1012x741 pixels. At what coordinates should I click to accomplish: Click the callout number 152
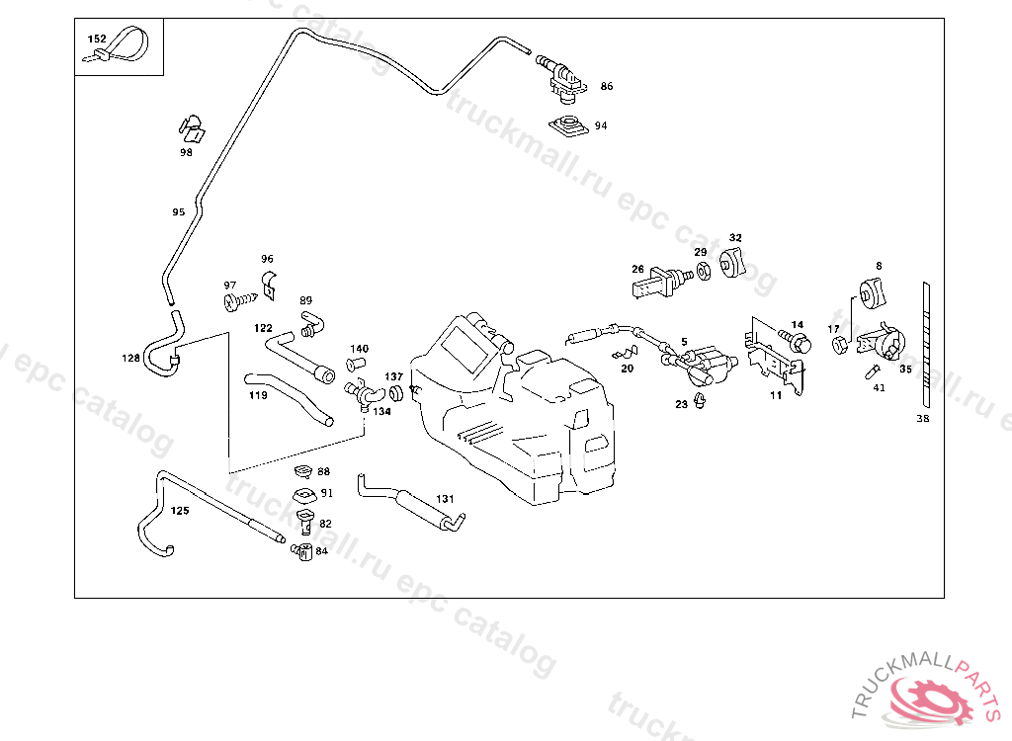pos(97,39)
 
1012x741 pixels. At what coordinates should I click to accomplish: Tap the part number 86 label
pos(606,87)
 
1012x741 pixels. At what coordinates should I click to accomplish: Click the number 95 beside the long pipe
pos(178,212)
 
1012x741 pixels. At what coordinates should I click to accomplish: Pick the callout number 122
pos(263,327)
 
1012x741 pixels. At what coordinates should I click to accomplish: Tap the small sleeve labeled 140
pos(356,366)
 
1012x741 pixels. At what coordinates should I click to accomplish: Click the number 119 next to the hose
pos(258,395)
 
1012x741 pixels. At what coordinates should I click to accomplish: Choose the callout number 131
pos(445,499)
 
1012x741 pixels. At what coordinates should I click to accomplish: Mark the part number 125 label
pos(179,511)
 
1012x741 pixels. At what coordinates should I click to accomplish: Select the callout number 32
pos(735,238)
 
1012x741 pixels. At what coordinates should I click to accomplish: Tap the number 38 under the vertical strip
pos(923,419)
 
